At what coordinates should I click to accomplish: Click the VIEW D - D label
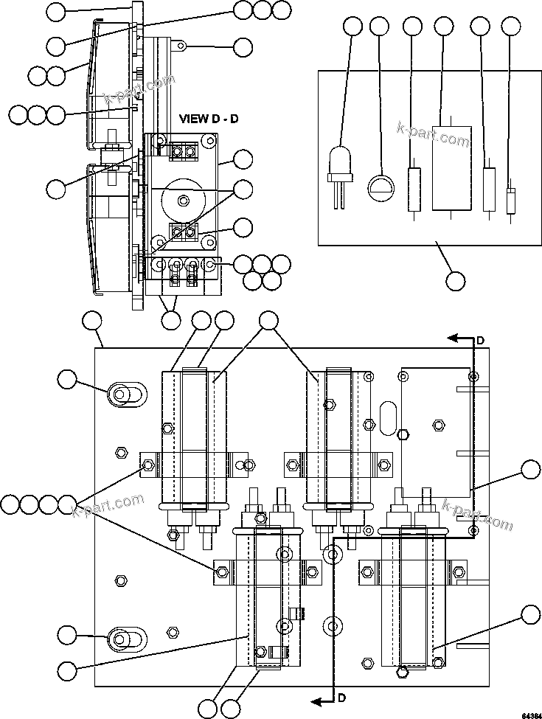coord(209,119)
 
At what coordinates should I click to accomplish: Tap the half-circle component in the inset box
coord(380,186)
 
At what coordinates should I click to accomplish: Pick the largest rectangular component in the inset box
coord(449,167)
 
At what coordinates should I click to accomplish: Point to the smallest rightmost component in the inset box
coord(510,200)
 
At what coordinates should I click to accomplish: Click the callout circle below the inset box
coord(456,281)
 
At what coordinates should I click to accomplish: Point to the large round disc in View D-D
coord(179,199)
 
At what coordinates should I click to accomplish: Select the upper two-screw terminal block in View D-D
coord(184,152)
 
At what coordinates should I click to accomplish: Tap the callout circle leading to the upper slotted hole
coord(67,379)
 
